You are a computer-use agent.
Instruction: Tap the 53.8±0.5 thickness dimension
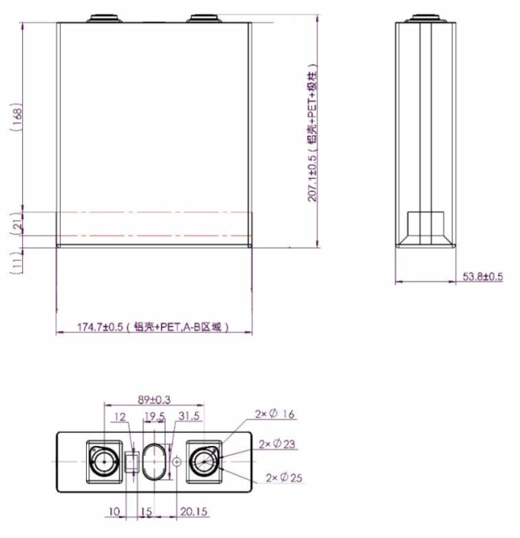pyautogui.click(x=483, y=277)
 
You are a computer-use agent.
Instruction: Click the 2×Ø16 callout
pyautogui.click(x=276, y=415)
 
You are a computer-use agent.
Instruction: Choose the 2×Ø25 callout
pyautogui.click(x=283, y=477)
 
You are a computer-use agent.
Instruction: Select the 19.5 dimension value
pyautogui.click(x=155, y=416)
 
